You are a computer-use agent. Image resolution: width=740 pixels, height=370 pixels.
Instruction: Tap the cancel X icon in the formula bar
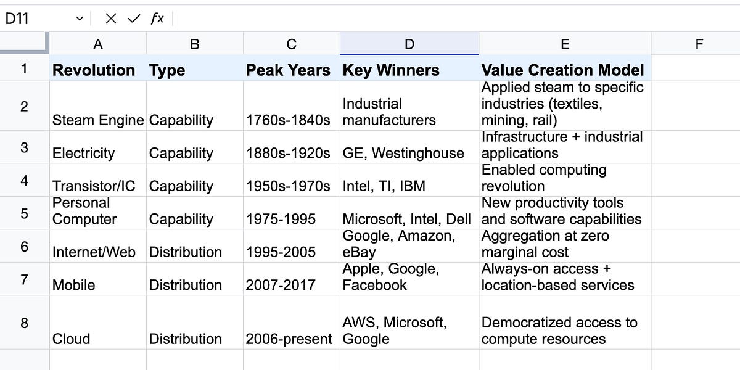(110, 18)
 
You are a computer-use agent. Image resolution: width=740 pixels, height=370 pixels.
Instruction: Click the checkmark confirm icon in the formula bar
(134, 18)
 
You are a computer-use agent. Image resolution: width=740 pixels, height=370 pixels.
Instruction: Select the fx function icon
(157, 18)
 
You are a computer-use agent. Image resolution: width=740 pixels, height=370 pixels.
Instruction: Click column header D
(409, 44)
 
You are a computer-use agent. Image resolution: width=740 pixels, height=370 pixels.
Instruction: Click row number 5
(25, 213)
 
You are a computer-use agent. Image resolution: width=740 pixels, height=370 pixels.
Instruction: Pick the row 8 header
(25, 323)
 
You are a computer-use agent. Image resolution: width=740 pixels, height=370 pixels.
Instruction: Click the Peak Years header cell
(292, 68)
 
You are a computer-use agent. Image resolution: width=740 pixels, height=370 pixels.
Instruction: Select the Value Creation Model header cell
(565, 68)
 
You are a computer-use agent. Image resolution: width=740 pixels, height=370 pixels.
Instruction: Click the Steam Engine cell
(98, 106)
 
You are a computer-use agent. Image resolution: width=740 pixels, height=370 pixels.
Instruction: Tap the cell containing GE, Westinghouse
(409, 147)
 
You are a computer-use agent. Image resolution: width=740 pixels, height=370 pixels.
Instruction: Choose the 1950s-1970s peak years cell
(292, 180)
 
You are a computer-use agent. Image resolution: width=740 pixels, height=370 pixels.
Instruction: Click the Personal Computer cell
(98, 213)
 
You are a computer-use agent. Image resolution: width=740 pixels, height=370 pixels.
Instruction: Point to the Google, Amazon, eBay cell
(409, 246)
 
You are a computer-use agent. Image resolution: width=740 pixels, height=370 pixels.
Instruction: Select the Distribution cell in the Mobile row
(195, 279)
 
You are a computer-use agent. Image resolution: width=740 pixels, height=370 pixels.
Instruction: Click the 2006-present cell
(292, 323)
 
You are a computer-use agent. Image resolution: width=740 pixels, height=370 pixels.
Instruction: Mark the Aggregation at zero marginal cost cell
(565, 246)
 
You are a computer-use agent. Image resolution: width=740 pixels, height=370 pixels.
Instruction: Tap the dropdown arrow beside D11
(80, 18)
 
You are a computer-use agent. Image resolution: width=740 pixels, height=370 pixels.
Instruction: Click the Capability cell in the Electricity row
(195, 147)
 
